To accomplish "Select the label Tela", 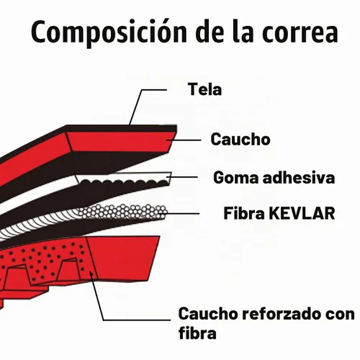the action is (204, 89).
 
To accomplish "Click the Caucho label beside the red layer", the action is (240, 139).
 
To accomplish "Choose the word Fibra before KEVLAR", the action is (244, 213).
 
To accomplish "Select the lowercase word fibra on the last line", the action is (197, 333).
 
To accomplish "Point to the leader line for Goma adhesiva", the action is (182, 177).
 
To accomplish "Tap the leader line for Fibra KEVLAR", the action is (181, 213).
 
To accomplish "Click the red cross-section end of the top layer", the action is (120, 142).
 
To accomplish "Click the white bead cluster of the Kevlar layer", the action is (123, 212).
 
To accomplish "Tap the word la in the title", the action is (243, 32).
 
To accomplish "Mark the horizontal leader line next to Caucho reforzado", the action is (137, 320).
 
